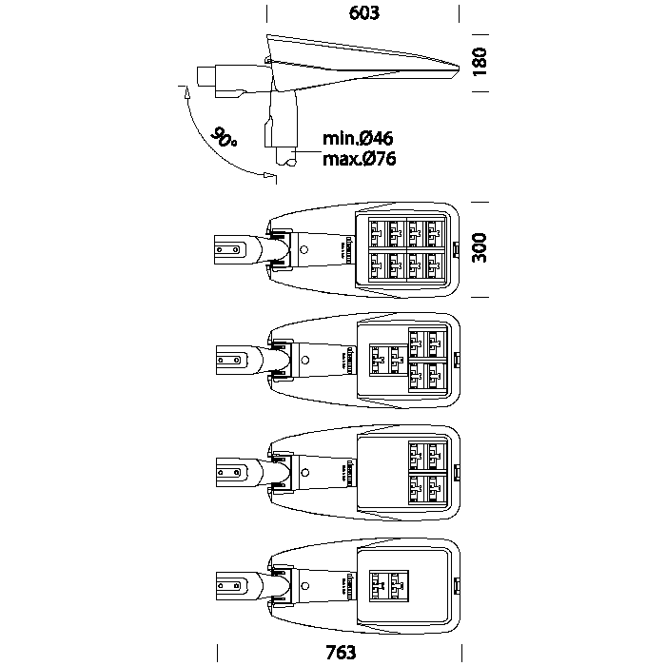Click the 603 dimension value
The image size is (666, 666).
coord(364,13)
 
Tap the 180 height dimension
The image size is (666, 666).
coord(480,62)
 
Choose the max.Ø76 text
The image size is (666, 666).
coord(359,158)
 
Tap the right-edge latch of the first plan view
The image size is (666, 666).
coord(456,250)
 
